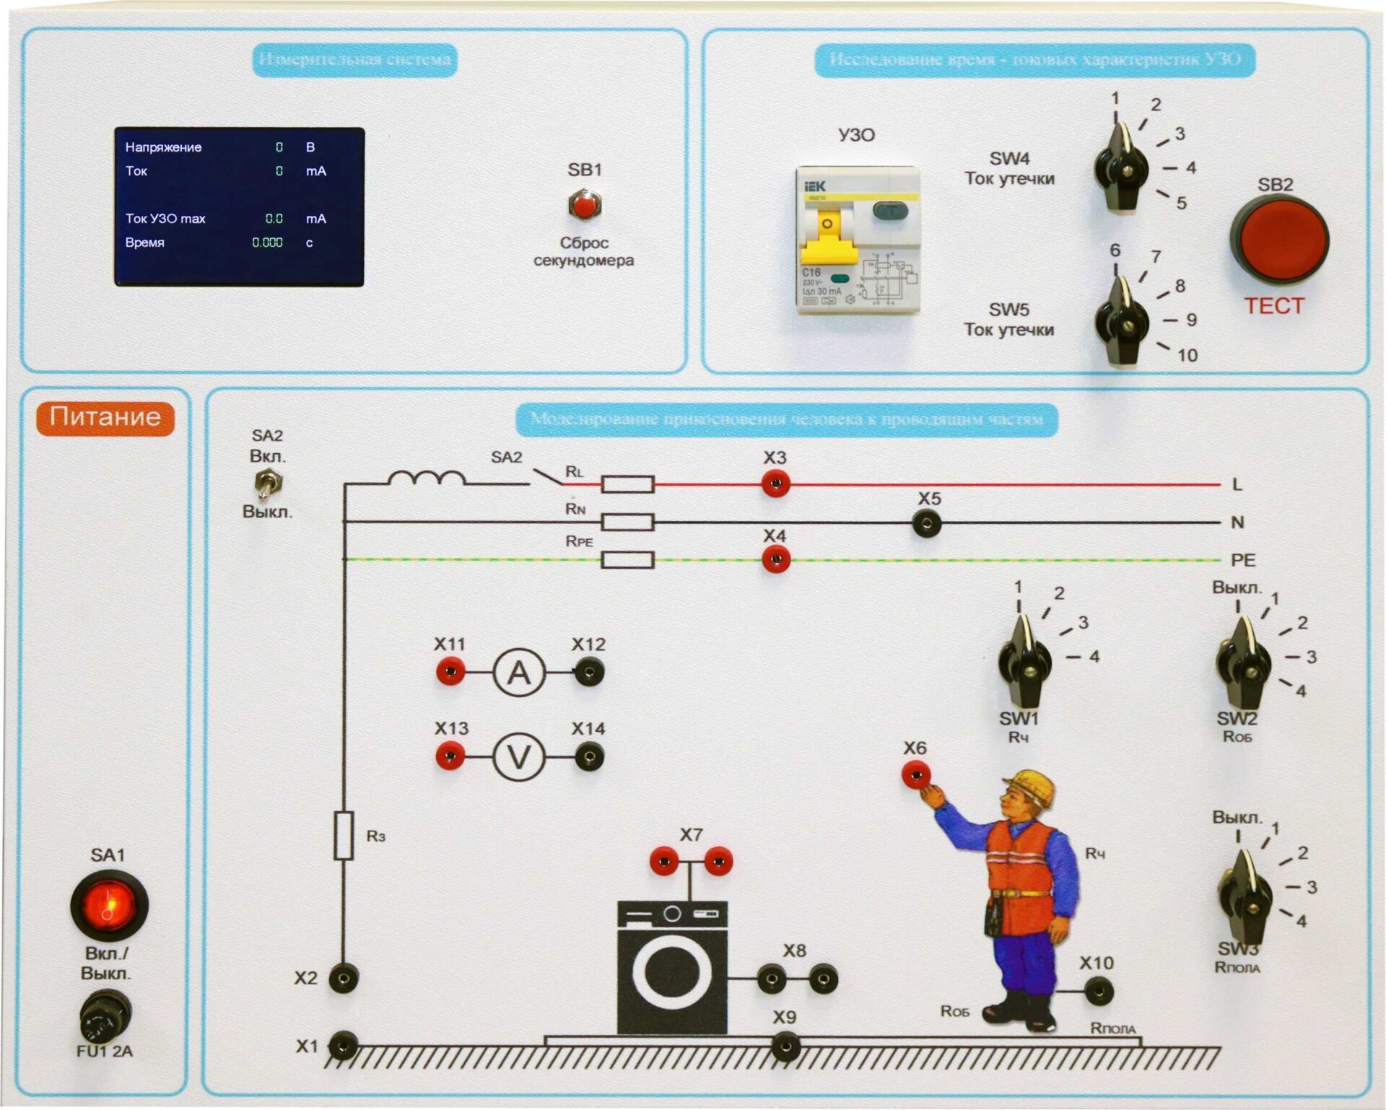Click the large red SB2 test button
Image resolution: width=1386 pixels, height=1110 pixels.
tap(1280, 239)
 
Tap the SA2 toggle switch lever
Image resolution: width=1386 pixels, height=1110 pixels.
tap(268, 485)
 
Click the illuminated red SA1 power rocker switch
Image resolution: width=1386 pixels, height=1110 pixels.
tap(109, 905)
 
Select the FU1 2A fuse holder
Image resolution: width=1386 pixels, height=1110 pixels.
tap(105, 1015)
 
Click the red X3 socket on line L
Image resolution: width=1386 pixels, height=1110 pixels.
tap(775, 484)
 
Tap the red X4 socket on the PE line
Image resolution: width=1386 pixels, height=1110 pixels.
tap(775, 559)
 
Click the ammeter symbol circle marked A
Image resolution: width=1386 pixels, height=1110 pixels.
tap(518, 673)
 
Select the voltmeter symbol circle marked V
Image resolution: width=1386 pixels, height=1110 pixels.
tap(518, 757)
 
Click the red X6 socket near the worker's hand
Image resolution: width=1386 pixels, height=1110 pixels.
tap(916, 775)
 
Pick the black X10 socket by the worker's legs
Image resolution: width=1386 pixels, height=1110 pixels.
tap(1099, 991)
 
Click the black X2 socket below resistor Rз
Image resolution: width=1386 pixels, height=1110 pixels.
tap(344, 979)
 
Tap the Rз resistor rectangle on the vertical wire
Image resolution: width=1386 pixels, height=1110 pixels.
tap(344, 835)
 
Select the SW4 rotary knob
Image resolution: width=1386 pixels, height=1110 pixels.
tap(1121, 170)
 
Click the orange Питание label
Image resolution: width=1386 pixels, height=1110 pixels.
tap(105, 418)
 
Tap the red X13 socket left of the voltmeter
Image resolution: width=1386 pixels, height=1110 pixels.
tap(450, 757)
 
